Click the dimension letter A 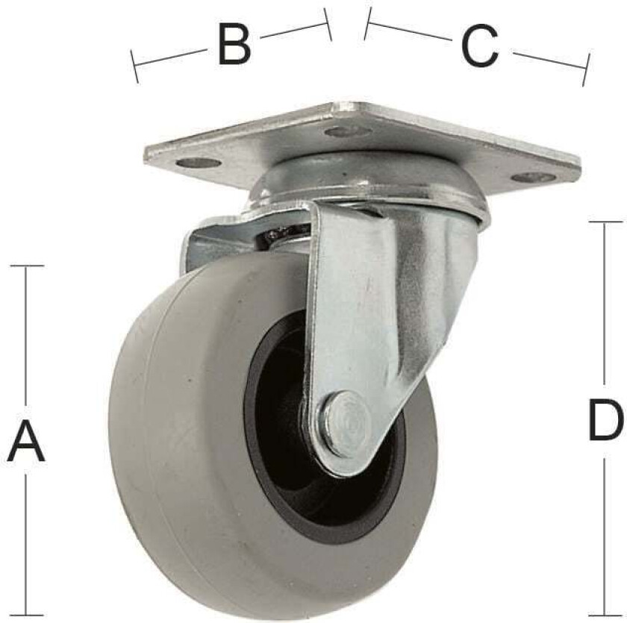tap(26, 441)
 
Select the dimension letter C tap(480, 46)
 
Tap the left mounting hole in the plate tap(199, 163)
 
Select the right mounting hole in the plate tap(534, 177)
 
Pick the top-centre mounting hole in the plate tap(347, 131)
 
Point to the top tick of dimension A tap(27, 266)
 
